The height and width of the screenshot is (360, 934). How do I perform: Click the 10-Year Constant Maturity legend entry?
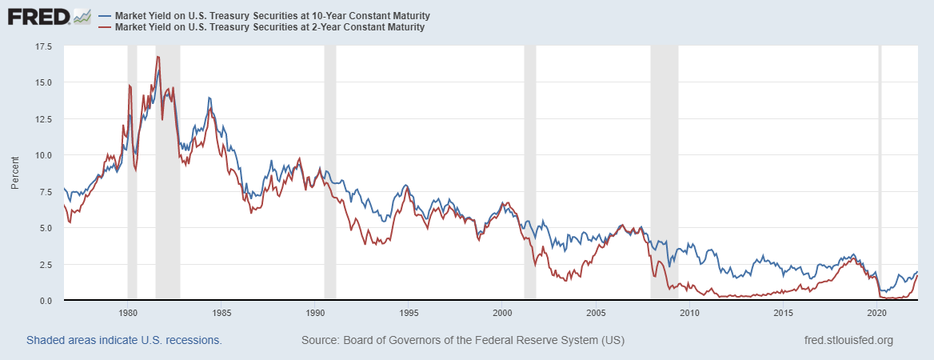tap(272, 15)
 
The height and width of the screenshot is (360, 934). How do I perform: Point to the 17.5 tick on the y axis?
tap(43, 46)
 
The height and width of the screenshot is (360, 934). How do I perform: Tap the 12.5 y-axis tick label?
tap(43, 119)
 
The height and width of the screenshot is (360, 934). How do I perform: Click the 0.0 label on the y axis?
tap(46, 300)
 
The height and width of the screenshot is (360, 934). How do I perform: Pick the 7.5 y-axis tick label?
tap(46, 192)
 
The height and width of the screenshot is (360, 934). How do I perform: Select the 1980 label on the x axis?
tap(128, 312)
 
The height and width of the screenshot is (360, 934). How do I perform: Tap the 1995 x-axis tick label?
tap(409, 312)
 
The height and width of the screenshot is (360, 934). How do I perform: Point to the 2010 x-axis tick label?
tap(689, 312)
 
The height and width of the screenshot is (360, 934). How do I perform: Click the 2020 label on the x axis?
tap(877, 312)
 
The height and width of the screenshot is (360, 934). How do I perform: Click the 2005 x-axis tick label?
tap(596, 312)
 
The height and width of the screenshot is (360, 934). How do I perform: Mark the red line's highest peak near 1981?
tap(158, 56)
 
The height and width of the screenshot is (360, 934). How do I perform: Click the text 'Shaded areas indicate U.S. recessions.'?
tap(124, 340)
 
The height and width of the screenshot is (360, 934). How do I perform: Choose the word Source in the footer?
tap(319, 340)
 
